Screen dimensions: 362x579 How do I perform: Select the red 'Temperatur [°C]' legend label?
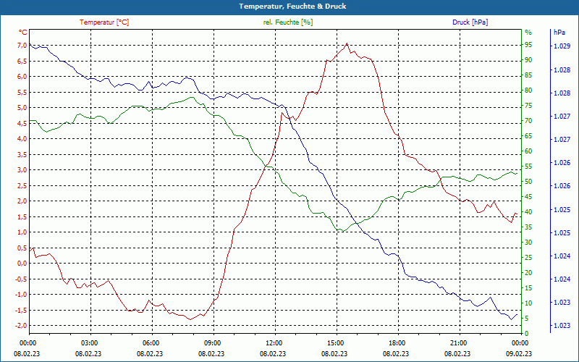tap(104, 22)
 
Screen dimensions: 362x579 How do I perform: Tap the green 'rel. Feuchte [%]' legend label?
tap(288, 22)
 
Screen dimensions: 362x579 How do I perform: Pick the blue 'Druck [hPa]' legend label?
tap(470, 22)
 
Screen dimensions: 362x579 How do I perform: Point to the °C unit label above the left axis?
tap(23, 33)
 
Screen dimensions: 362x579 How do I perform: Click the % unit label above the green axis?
tap(528, 33)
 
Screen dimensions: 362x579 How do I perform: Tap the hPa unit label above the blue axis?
tap(559, 33)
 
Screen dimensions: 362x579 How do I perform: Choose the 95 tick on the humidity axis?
tap(528, 46)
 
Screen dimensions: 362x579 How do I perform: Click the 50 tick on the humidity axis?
tap(528, 182)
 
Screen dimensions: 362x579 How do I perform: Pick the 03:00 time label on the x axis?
tap(90, 342)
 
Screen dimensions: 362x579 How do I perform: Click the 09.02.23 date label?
tap(519, 353)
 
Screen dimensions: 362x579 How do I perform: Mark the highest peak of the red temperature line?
tap(347, 43)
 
